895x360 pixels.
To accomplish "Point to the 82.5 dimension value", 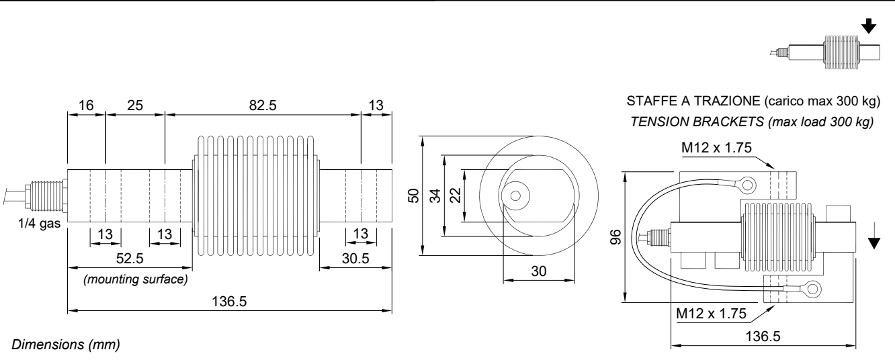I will (263, 105).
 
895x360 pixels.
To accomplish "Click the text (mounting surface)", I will (134, 278).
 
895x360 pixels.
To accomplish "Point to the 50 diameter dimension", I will (415, 195).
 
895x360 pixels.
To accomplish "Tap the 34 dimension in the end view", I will (436, 195).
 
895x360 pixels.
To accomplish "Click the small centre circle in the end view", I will (515, 196).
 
